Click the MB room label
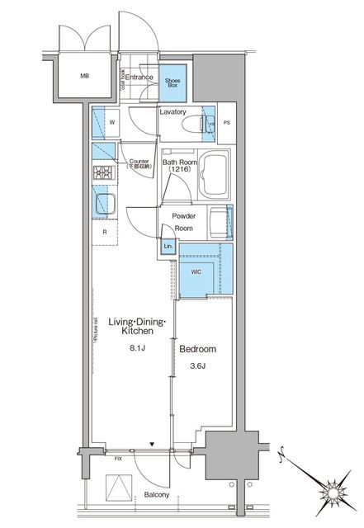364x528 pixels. [84, 78]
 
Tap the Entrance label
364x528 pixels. [139, 78]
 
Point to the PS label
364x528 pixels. [228, 124]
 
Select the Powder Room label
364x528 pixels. [183, 221]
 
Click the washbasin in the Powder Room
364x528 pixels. [221, 222]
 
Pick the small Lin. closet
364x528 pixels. [168, 247]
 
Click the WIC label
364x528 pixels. [197, 270]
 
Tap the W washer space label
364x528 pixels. [111, 125]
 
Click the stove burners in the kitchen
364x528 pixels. [103, 173]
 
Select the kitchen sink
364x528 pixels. [105, 202]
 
